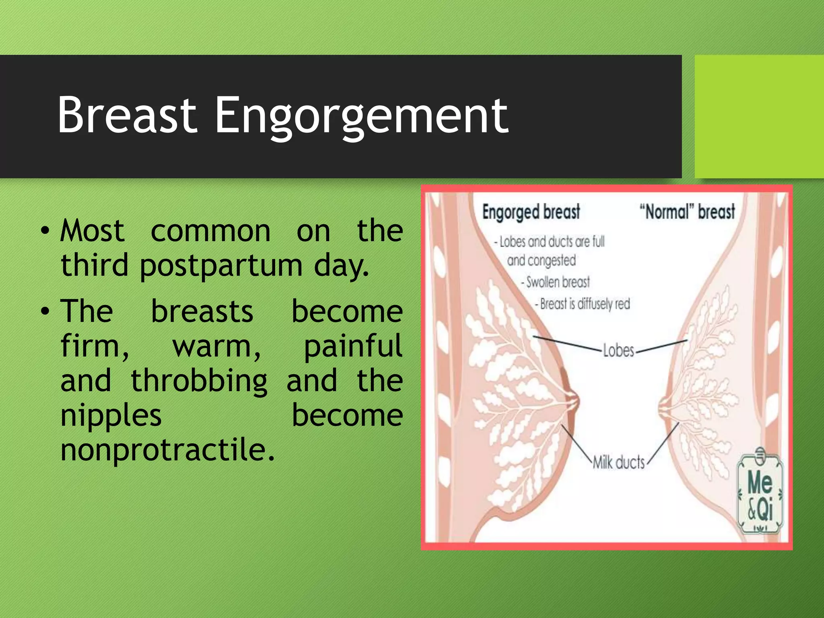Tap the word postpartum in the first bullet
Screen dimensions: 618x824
221,266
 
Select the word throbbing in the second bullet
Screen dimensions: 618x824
199,381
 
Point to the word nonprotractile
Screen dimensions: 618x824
167,450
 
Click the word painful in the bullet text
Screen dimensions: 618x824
352,346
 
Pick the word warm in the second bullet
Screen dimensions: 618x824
216,346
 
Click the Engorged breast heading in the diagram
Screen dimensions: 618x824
531,212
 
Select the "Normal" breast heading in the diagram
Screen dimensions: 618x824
687,212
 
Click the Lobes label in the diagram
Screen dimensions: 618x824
618,351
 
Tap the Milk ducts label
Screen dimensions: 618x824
618,462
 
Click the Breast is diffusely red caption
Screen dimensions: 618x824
583,304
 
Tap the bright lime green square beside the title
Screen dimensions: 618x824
759,116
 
